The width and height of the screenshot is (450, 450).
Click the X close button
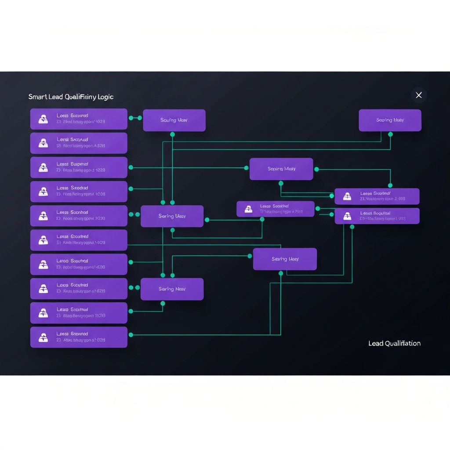pos(418,95)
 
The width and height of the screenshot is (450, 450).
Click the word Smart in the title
pos(38,97)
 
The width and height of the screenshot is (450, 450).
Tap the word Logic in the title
pos(106,97)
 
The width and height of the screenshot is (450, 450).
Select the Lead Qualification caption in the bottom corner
pos(394,343)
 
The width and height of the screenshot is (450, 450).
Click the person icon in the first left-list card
pos(43,119)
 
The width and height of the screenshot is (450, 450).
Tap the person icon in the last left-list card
pos(43,337)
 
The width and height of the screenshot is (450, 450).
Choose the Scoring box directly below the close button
pos(390,120)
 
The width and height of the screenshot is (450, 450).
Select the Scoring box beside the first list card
pos(174,120)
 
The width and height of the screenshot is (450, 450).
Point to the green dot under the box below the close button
pos(390,134)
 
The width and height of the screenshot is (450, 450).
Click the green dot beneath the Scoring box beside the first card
pos(172,134)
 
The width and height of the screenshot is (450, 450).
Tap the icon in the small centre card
pos(249,209)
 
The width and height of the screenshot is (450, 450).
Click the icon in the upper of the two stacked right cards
pos(347,196)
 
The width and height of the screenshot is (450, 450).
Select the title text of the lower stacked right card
pos(375,213)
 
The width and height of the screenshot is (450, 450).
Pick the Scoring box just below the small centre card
pos(285,259)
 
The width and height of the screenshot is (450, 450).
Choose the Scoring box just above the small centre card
pos(281,169)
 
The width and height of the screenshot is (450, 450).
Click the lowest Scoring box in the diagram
pos(172,289)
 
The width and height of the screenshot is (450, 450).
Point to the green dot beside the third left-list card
pos(131,167)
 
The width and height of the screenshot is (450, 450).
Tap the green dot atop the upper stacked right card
pos(390,185)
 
